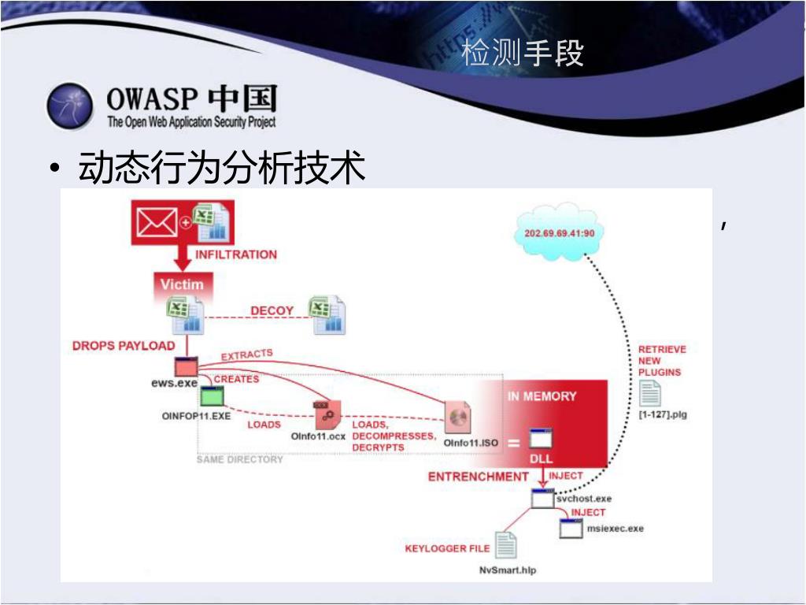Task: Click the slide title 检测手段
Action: [x=523, y=54]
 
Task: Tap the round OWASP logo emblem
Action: [x=71, y=106]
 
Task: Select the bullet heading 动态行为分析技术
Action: [x=222, y=169]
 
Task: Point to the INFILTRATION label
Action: [x=236, y=254]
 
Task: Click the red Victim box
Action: [x=182, y=284]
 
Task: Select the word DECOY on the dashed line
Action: [x=272, y=311]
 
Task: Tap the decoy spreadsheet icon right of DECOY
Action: [x=328, y=315]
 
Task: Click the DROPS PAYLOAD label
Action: [x=124, y=346]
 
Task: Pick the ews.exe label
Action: [x=174, y=383]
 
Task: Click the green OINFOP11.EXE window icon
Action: [x=212, y=396]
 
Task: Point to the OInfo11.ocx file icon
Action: [x=327, y=414]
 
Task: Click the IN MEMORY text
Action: [x=542, y=396]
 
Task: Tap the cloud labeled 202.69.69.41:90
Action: [x=559, y=233]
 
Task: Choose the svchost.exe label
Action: [x=584, y=499]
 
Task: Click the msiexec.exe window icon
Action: [x=571, y=528]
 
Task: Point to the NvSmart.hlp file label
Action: [x=507, y=570]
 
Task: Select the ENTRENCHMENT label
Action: [x=479, y=477]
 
